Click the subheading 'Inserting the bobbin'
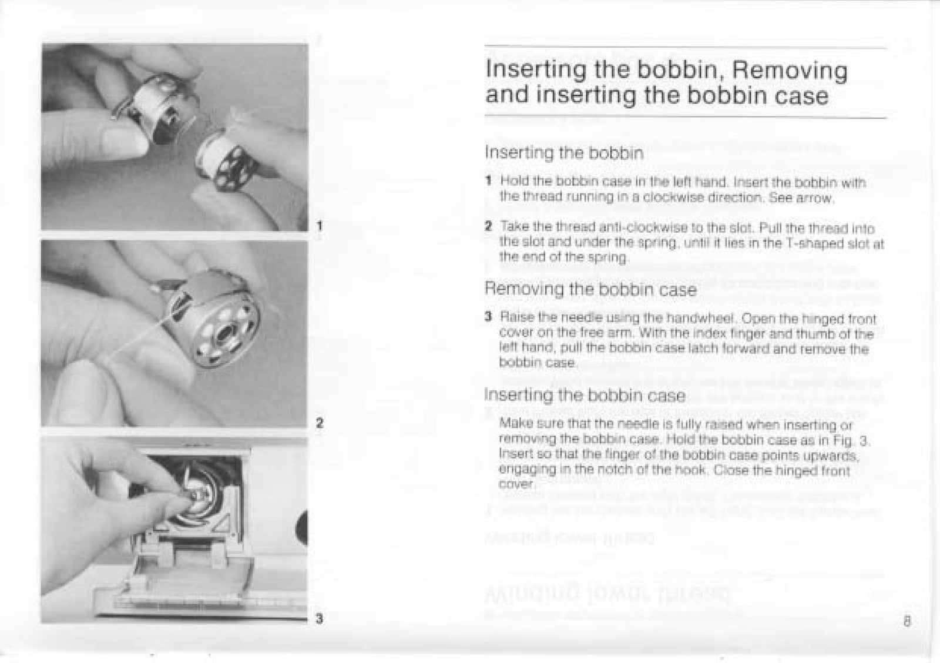(x=564, y=153)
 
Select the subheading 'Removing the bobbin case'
(x=590, y=289)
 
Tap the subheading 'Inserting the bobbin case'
(x=585, y=395)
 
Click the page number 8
(x=908, y=621)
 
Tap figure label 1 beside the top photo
(x=318, y=225)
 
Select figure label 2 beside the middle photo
(x=318, y=422)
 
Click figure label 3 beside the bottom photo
(x=318, y=618)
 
